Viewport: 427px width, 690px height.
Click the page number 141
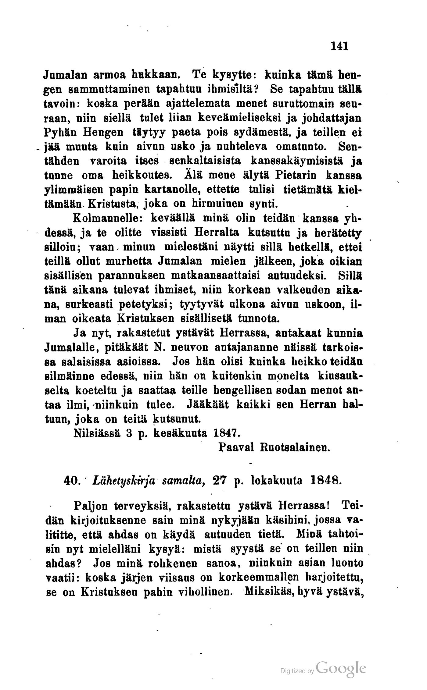click(339, 46)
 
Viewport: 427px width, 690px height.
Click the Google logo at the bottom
click(341, 669)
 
